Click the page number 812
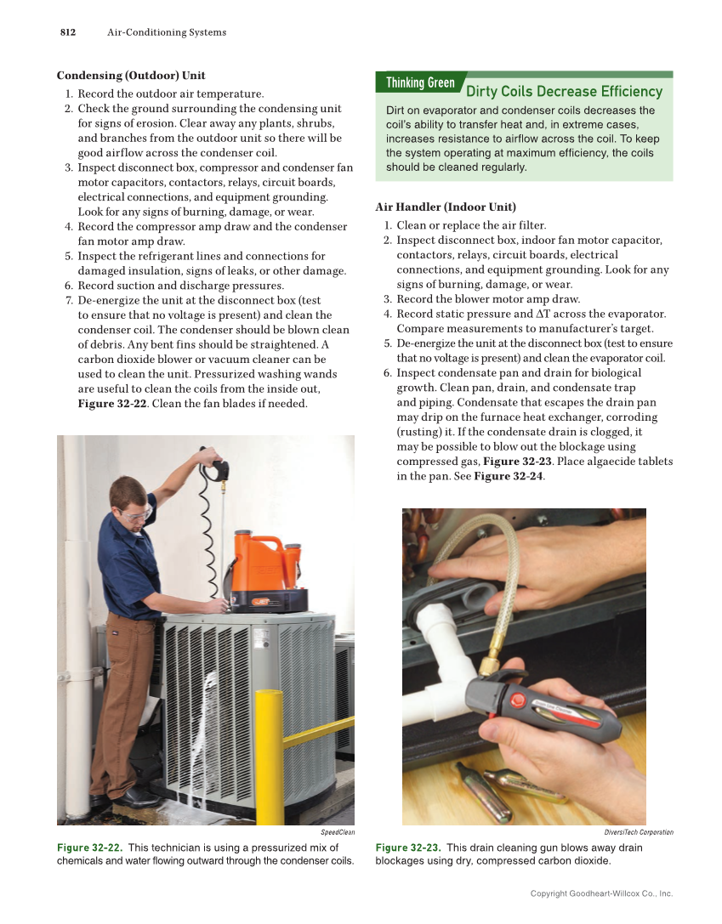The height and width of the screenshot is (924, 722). (x=67, y=32)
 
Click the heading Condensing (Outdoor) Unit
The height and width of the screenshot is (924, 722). (x=131, y=76)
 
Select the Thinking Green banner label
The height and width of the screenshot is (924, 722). (x=420, y=82)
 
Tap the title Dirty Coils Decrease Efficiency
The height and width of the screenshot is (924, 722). (x=564, y=91)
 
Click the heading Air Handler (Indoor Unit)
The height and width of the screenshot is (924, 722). (x=446, y=207)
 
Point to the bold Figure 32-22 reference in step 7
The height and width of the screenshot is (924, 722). (x=112, y=403)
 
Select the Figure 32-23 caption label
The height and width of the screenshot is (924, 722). (x=408, y=847)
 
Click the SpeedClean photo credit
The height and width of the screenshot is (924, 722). (x=338, y=832)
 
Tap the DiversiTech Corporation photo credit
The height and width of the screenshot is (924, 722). (x=638, y=832)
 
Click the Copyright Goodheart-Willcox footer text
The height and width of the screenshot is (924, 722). (x=601, y=893)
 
